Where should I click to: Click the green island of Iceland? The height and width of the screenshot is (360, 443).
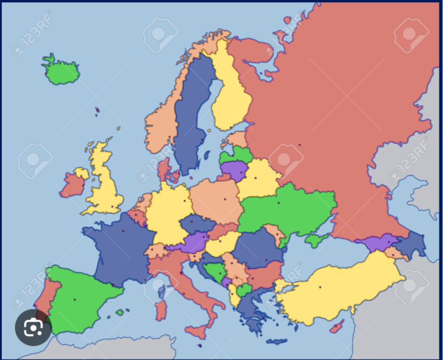pyautogui.click(x=61, y=72)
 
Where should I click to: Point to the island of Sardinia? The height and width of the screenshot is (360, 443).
pyautogui.click(x=160, y=310)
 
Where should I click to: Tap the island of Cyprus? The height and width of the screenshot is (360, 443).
pyautogui.click(x=337, y=326)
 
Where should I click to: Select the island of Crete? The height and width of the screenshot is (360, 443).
pyautogui.click(x=276, y=341)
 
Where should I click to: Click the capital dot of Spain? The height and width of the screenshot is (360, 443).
pyautogui.click(x=75, y=299)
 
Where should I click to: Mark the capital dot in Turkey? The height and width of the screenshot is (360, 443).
pyautogui.click(x=320, y=287)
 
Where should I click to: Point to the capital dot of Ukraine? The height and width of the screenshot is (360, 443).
pyautogui.click(x=278, y=203)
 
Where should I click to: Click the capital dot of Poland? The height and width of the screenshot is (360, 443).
pyautogui.click(x=225, y=199)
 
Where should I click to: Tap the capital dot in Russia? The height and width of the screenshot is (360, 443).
pyautogui.click(x=300, y=144)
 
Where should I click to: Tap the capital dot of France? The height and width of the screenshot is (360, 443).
pyautogui.click(x=123, y=231)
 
